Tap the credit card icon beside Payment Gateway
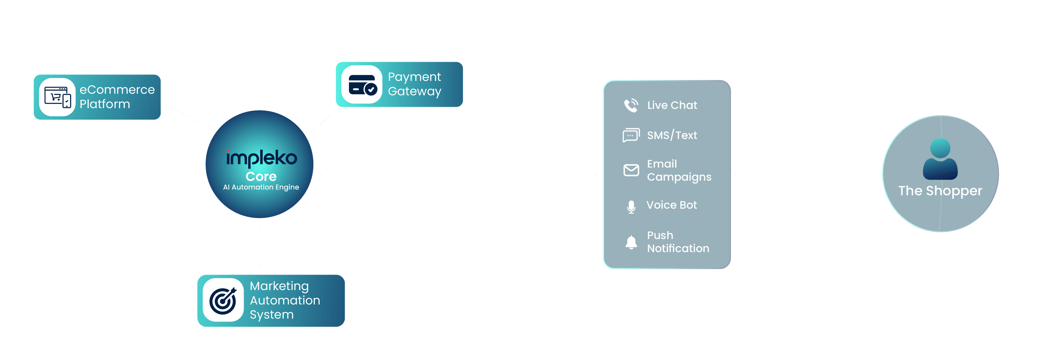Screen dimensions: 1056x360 [363, 85]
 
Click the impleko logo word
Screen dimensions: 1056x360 [262, 158]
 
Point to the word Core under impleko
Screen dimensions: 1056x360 [261, 177]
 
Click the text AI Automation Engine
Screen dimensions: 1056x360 [261, 187]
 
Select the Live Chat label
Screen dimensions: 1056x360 [672, 105]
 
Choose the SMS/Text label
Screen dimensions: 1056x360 [672, 135]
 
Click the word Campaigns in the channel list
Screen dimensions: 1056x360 [679, 177]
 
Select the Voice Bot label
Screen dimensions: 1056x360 [672, 205]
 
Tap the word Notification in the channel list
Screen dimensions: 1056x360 [678, 248]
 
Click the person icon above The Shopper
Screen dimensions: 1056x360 [940, 159]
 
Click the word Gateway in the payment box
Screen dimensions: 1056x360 [414, 91]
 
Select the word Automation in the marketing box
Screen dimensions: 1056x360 [285, 301]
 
